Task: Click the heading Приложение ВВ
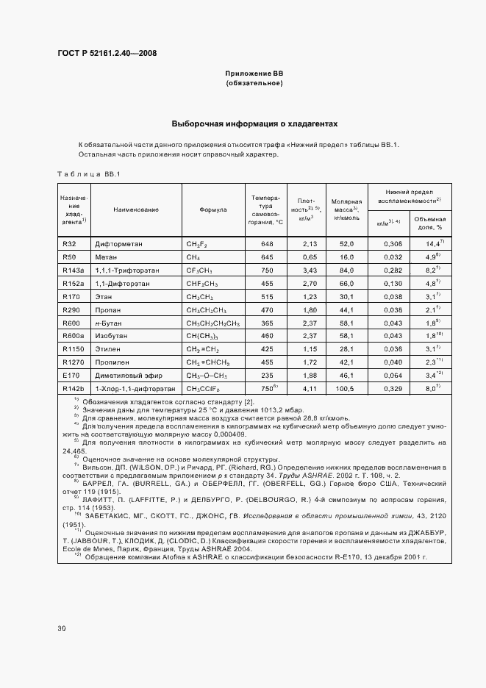(x=254, y=74)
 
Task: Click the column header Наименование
(x=136, y=209)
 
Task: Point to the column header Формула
(x=212, y=209)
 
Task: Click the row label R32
(x=70, y=243)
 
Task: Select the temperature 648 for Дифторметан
(x=267, y=243)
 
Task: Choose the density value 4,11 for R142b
(x=309, y=388)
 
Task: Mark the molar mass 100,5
(x=346, y=388)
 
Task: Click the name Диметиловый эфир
(x=125, y=375)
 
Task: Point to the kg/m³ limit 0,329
(x=393, y=388)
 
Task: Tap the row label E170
(x=71, y=375)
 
